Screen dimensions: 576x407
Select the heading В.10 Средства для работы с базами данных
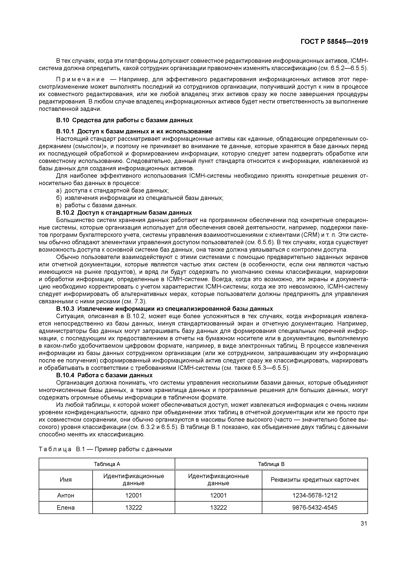tap(124, 120)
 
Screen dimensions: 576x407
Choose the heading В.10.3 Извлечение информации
tap(164, 309)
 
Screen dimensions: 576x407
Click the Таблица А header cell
tap(107, 464)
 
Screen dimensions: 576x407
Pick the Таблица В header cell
tap(271, 464)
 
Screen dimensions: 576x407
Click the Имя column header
tap(66, 480)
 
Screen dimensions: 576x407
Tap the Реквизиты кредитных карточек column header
tap(315, 480)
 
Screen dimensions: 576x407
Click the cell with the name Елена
tap(66, 508)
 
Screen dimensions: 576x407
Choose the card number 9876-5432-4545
tap(315, 508)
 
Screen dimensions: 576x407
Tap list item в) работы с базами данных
tap(97, 205)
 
